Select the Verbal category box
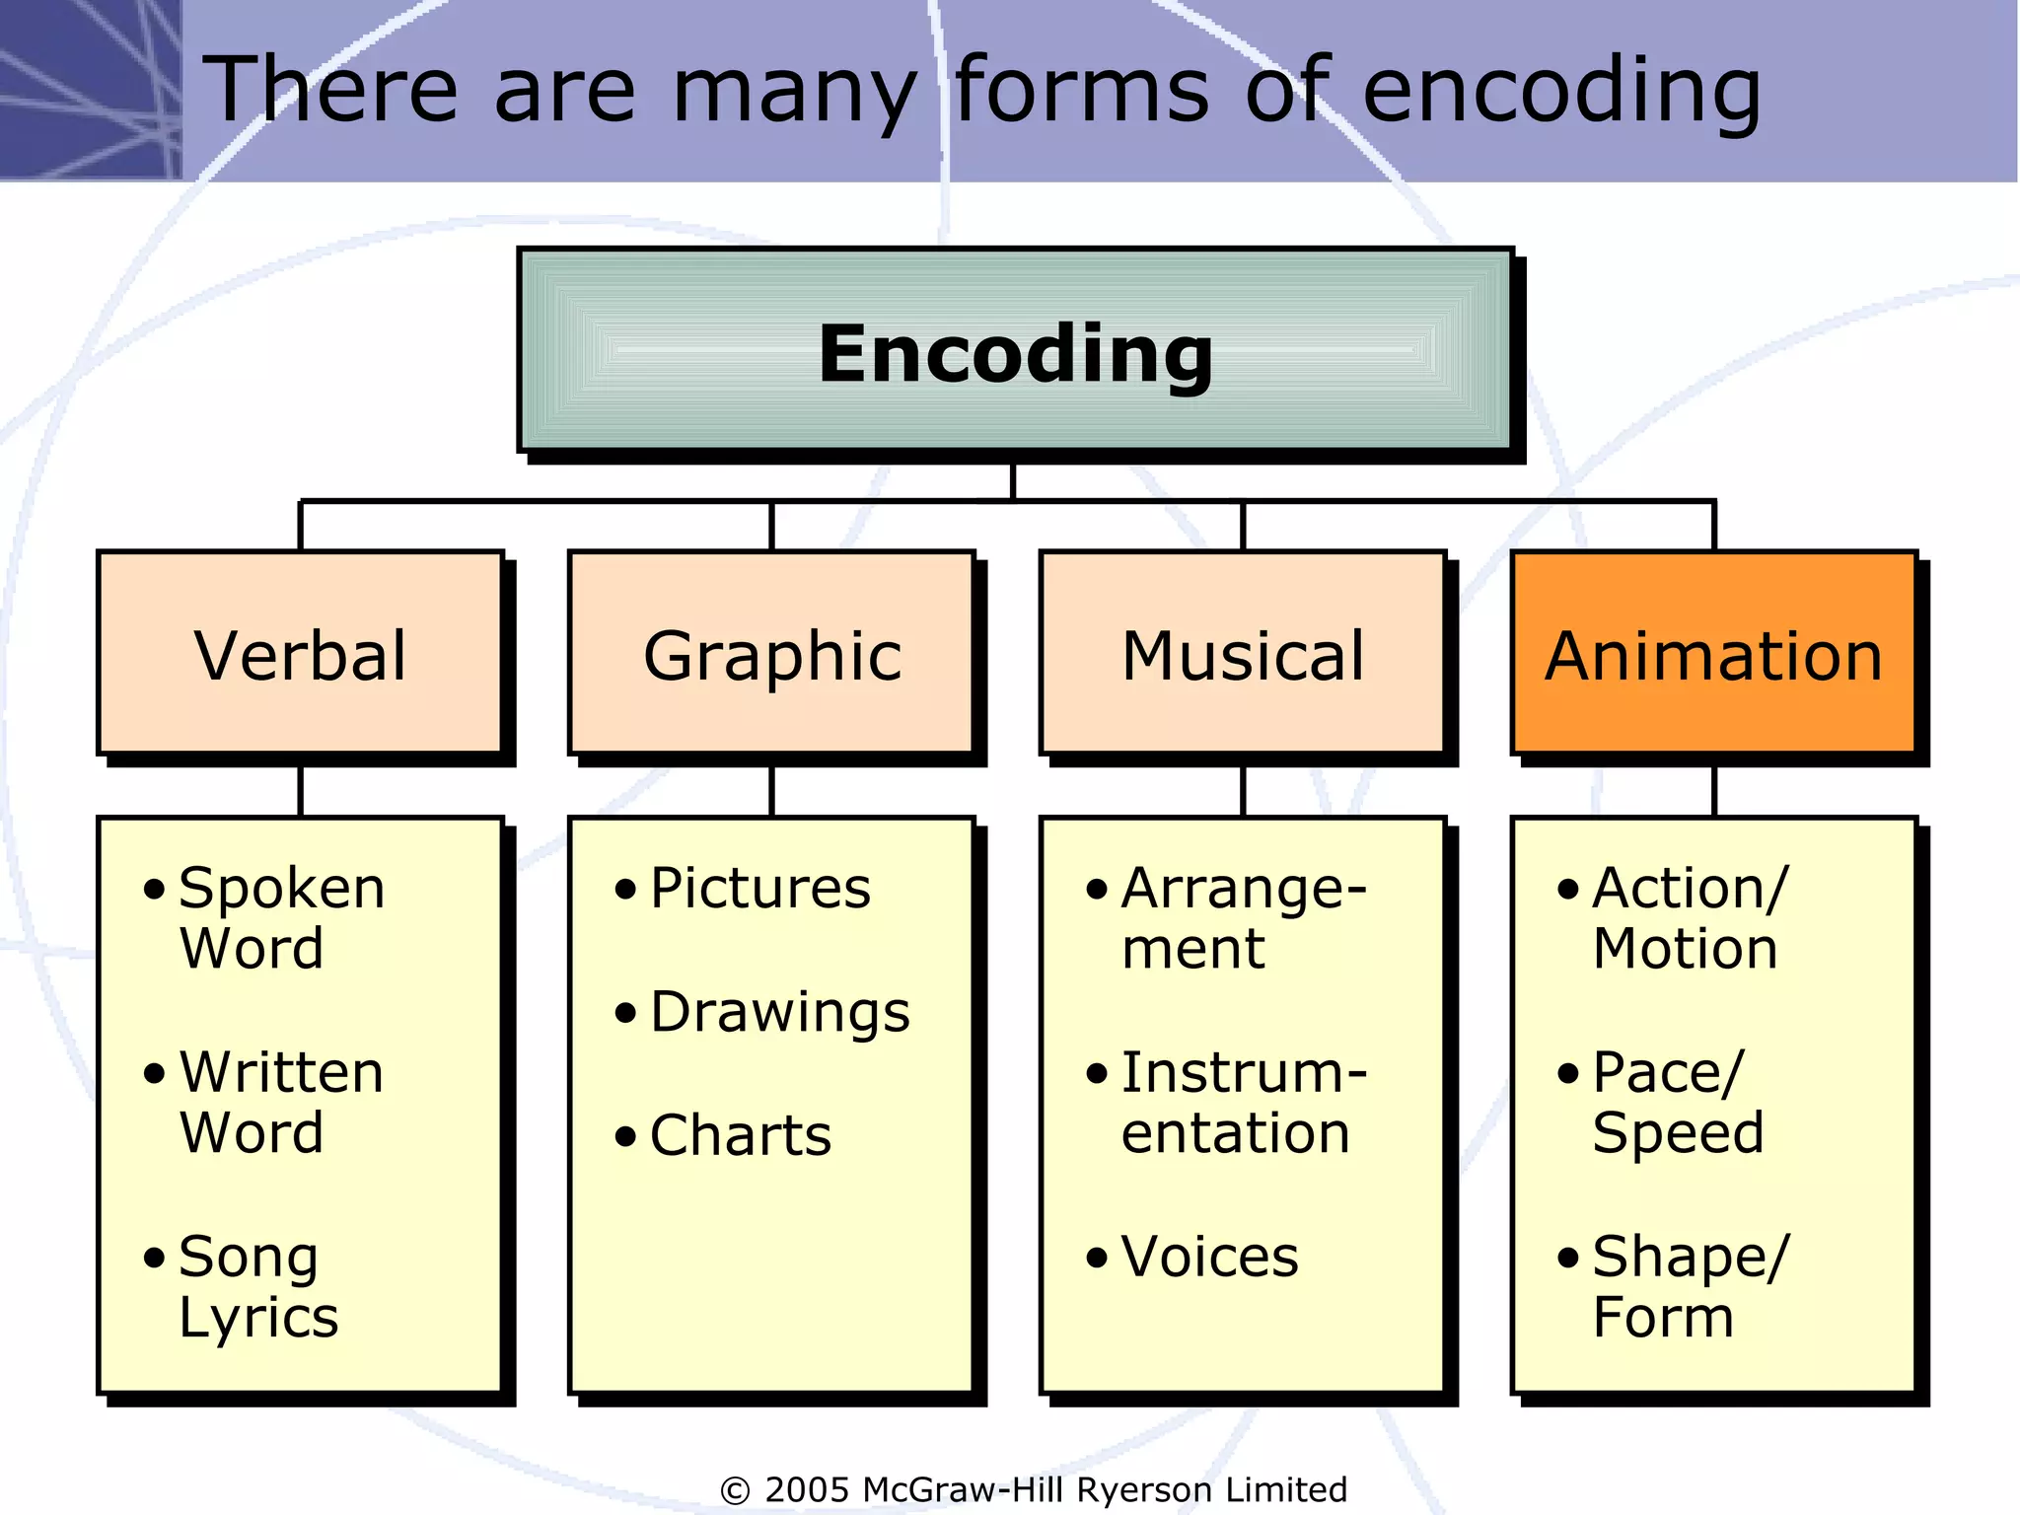click(300, 654)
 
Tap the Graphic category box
click(771, 654)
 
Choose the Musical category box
click(1243, 654)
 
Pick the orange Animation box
click(1713, 654)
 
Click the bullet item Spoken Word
click(266, 917)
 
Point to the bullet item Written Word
click(266, 1102)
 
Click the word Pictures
click(759, 888)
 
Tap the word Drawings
click(779, 1012)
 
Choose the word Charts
click(740, 1135)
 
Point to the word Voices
click(1209, 1257)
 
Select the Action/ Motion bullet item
click(1689, 917)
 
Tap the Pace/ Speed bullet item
click(1677, 1102)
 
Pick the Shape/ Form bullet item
click(1689, 1286)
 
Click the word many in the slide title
click(794, 91)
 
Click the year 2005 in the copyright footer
click(807, 1489)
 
